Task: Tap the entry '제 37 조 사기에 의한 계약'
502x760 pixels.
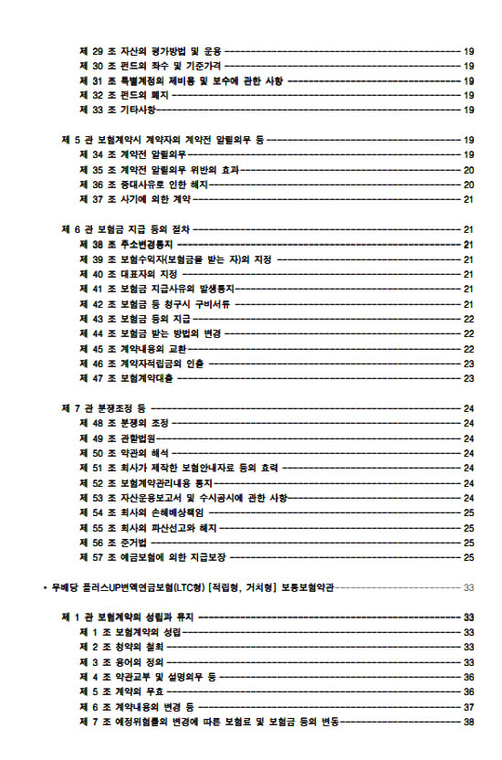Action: [x=138, y=199]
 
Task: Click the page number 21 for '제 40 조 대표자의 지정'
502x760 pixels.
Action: [x=468, y=274]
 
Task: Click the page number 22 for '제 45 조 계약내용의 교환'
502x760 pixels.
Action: [x=468, y=348]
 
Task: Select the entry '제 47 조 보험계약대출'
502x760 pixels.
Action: [x=127, y=377]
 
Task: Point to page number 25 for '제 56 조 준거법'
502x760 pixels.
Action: [x=468, y=542]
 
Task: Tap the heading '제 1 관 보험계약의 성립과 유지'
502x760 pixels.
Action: [x=127, y=617]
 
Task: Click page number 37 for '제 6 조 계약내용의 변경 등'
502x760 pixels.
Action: [x=468, y=706]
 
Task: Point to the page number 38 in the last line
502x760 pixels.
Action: [x=468, y=721]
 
